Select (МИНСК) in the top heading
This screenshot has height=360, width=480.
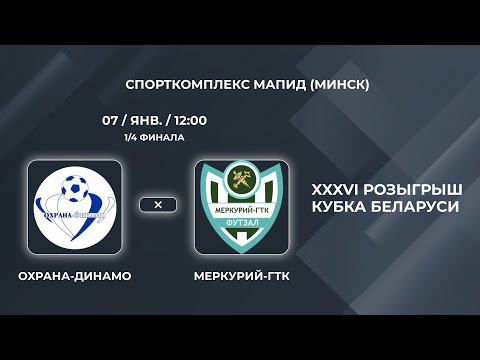pos(335,85)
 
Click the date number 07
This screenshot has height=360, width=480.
pos(111,120)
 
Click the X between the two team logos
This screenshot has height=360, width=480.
pos(158,204)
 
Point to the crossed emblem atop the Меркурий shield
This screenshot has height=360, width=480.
pos(241,183)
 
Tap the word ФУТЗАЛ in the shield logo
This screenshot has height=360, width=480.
pos(241,224)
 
